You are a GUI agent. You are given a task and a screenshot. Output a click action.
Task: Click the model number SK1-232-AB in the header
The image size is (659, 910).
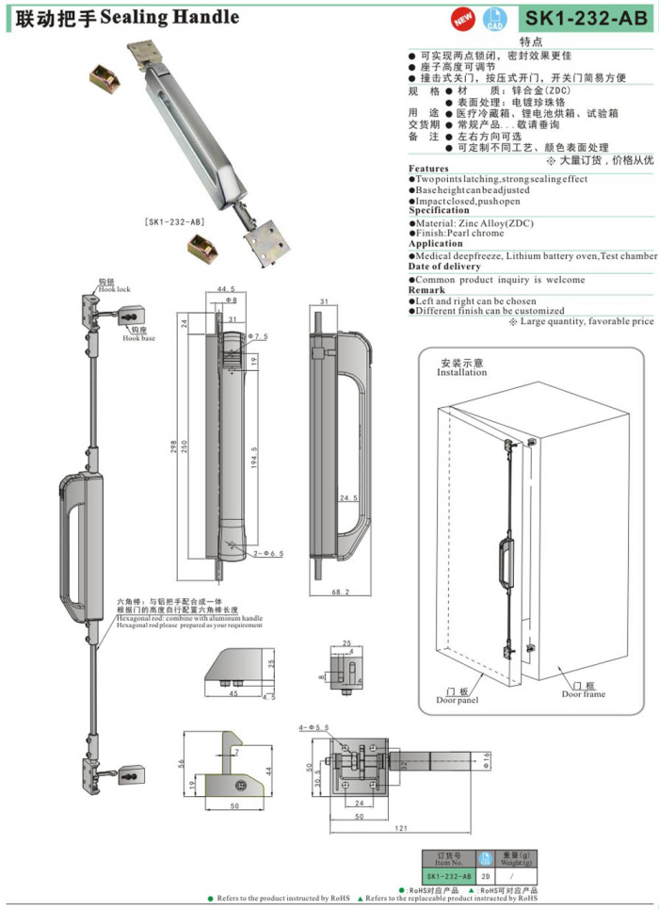tap(584, 18)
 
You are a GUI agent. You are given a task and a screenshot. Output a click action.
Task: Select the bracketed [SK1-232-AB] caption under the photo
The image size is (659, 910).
tap(175, 221)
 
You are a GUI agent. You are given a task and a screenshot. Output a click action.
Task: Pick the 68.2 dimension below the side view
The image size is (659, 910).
tap(343, 593)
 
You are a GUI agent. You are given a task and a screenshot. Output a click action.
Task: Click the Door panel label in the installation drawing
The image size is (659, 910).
tap(458, 699)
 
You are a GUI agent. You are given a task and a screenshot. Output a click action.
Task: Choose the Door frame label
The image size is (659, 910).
tap(584, 693)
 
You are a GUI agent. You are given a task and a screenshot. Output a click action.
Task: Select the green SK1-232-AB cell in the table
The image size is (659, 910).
tap(446, 875)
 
